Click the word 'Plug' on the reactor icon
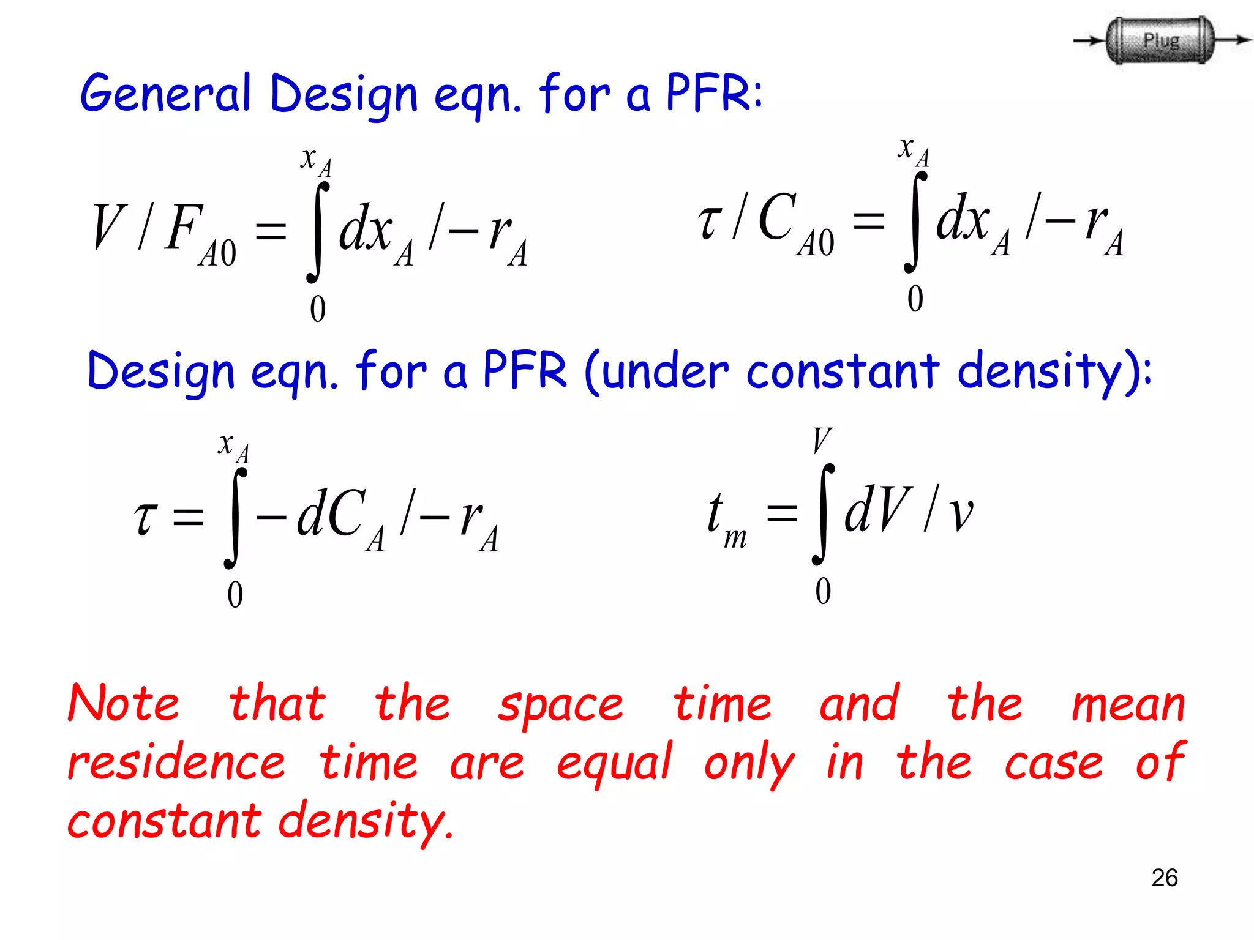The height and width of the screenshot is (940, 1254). pyautogui.click(x=1160, y=40)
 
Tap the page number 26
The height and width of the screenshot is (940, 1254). pyautogui.click(x=1164, y=878)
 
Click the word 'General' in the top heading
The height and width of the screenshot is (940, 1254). pyautogui.click(x=165, y=94)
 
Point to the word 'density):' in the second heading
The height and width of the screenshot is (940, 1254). pyautogui.click(x=1054, y=372)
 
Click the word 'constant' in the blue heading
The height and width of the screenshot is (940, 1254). pyautogui.click(x=843, y=371)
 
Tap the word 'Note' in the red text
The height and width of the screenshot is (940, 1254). pyautogui.click(x=123, y=704)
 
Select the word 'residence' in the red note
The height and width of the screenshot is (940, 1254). pyautogui.click(x=176, y=763)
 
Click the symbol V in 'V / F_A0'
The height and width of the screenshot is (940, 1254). pyautogui.click(x=109, y=227)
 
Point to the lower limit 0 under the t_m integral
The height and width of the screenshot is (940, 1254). pyautogui.click(x=823, y=591)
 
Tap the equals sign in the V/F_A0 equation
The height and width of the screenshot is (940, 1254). pyautogui.click(x=271, y=231)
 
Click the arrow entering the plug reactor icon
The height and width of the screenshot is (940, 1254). pyautogui.click(x=1089, y=41)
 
